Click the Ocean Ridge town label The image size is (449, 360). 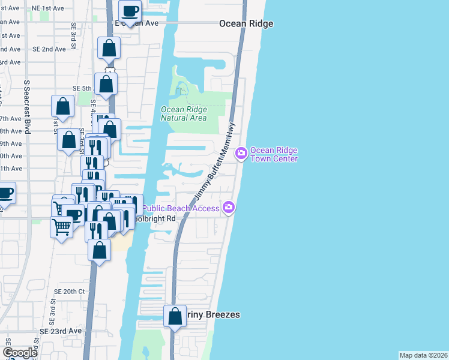pos(246,23)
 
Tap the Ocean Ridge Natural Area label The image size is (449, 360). pos(184,113)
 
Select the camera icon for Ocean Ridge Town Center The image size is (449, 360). pos(241,154)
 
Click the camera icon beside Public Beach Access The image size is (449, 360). pos(228,208)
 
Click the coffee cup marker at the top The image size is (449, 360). pos(130,10)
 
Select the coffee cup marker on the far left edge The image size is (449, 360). pos(5,194)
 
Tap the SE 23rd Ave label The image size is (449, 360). pos(61,331)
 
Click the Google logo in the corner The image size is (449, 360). pos(20,353)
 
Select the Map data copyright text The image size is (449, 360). pos(424,355)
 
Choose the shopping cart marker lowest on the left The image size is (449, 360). pos(62,227)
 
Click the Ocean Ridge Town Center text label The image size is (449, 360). pos(274,154)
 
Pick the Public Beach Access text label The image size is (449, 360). pos(183,208)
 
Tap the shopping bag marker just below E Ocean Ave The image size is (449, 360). pos(109,48)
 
